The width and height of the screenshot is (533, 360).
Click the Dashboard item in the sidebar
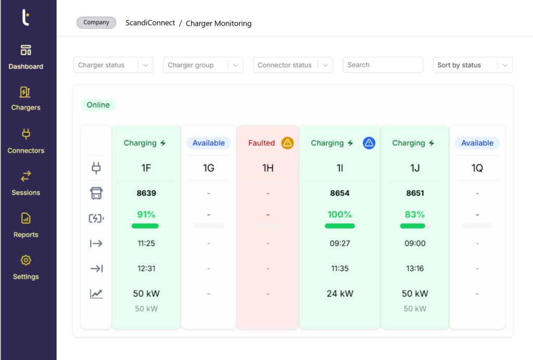[x=26, y=57]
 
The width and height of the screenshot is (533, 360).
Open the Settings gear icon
[x=26, y=260]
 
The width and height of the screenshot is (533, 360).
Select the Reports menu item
[x=26, y=225]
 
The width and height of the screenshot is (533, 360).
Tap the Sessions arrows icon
[x=26, y=176]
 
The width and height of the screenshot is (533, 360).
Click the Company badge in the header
[x=96, y=23]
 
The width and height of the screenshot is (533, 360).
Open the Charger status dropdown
[x=113, y=65]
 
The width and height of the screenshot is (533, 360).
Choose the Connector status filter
[x=293, y=65]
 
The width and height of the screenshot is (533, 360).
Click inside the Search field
[x=383, y=65]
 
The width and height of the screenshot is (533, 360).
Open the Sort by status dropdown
[x=472, y=65]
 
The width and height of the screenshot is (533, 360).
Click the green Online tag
[x=98, y=105]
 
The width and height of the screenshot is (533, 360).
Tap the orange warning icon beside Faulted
[x=287, y=143]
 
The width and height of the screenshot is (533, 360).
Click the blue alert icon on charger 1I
[x=369, y=143]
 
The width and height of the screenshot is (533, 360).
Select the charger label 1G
[x=209, y=168]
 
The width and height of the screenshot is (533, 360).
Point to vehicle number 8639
[x=146, y=193]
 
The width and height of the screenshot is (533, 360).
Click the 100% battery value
[x=339, y=214]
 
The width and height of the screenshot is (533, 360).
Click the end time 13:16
[x=414, y=268]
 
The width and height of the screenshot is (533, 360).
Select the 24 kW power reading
[x=339, y=293]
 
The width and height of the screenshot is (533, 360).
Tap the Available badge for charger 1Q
[x=477, y=143]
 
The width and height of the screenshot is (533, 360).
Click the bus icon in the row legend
[x=96, y=193]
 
